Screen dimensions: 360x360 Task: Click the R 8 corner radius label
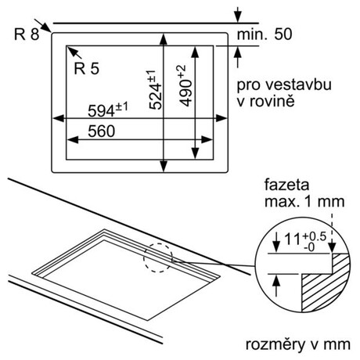(x=27, y=34)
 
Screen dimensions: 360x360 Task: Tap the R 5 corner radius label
(x=87, y=69)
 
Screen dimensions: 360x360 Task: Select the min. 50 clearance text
(x=265, y=34)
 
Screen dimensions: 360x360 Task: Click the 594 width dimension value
(x=108, y=110)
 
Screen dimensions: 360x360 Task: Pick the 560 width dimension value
(x=101, y=131)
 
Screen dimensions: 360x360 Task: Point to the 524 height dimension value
(x=156, y=89)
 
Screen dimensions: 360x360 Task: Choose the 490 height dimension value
(x=186, y=86)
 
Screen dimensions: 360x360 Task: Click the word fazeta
(x=286, y=185)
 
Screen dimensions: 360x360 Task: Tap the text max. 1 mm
(x=304, y=202)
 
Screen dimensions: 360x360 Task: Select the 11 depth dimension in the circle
(x=305, y=241)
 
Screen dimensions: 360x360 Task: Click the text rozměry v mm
(x=298, y=344)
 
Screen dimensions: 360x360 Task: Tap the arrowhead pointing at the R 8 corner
(x=47, y=27)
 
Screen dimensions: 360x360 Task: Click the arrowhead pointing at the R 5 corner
(x=71, y=50)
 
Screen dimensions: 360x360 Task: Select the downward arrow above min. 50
(x=237, y=15)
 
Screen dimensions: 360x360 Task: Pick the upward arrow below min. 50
(x=237, y=57)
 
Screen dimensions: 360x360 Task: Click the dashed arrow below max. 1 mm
(x=332, y=233)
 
